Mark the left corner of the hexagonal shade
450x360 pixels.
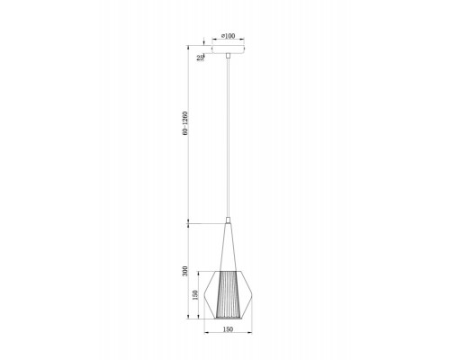[x=209, y=290]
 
